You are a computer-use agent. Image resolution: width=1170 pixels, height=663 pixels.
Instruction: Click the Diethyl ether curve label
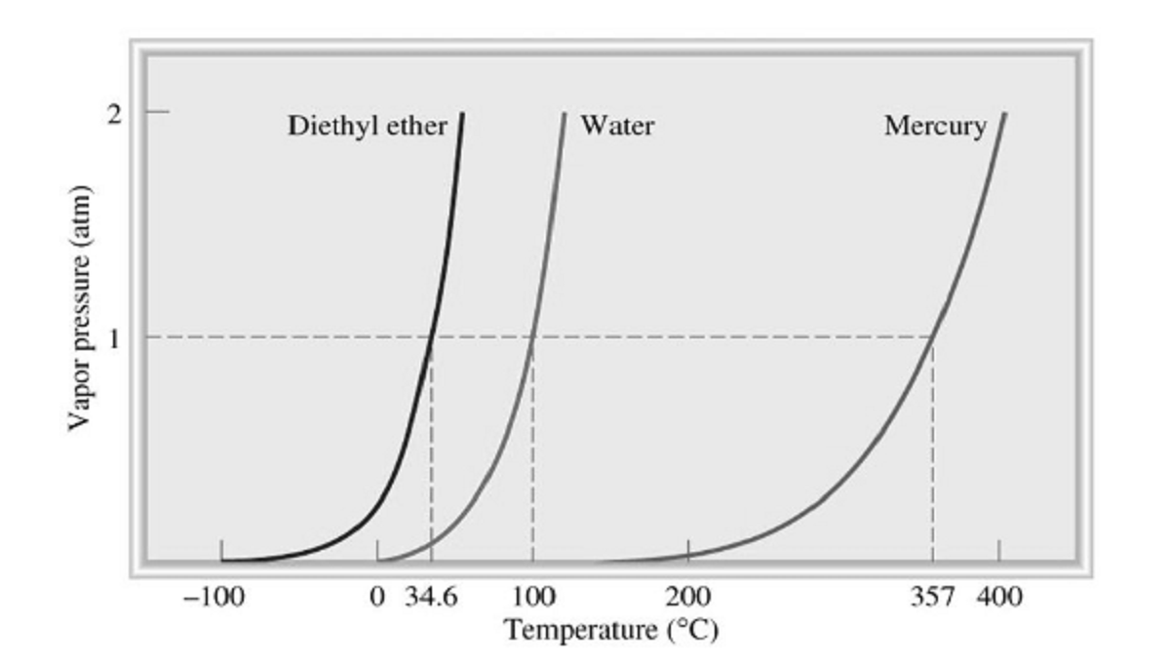coord(367,126)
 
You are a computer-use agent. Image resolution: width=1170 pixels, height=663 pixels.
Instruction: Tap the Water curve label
coord(616,126)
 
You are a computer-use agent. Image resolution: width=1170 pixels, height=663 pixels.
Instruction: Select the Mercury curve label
coord(935,127)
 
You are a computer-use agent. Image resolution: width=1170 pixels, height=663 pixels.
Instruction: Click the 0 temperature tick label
coord(378,597)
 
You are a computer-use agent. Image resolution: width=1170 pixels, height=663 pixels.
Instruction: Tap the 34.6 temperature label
coord(431,597)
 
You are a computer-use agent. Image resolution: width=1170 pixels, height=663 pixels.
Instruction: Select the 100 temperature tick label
coord(532,597)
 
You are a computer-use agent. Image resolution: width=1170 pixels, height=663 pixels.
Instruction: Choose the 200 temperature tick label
coord(688,597)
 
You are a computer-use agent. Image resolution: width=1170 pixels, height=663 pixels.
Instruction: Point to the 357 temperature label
coord(932,597)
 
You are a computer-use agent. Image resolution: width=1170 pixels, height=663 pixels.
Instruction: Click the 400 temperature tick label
coord(999,597)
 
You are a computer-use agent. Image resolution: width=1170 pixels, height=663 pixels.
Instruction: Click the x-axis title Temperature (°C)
coord(611,629)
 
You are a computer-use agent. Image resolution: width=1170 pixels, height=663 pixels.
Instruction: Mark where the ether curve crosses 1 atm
coord(431,337)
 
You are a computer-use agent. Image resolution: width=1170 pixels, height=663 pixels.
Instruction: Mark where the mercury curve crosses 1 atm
coord(933,337)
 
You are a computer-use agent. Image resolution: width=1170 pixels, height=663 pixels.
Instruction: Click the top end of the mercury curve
coord(1005,113)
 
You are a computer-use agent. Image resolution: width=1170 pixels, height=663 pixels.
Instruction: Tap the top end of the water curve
coord(565,113)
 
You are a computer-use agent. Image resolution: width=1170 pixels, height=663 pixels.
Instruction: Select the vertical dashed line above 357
coord(933,448)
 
